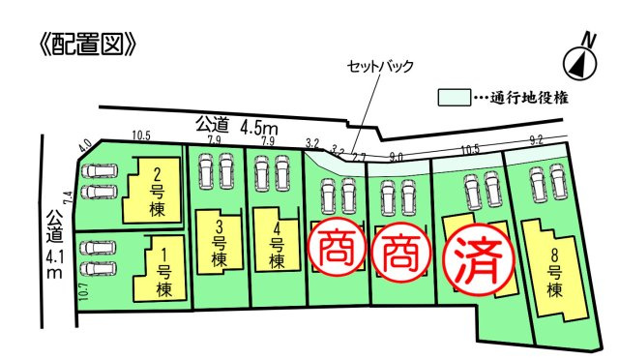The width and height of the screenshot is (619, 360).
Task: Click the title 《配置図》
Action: click(x=82, y=45)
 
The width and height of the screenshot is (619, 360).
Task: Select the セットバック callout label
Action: click(x=381, y=67)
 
